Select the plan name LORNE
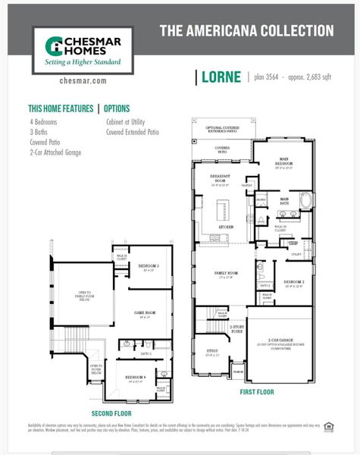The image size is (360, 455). coord(223,77)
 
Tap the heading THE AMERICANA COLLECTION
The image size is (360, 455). coord(246,31)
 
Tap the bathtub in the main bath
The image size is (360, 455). coord(305,199)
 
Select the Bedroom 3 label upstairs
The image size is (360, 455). coord(149,266)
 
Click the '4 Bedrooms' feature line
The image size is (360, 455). coord(43,121)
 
